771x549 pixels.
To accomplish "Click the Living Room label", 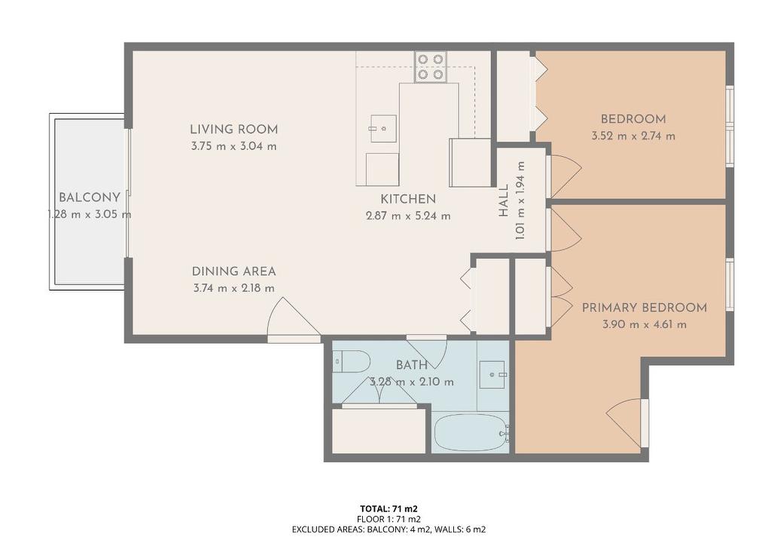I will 233,130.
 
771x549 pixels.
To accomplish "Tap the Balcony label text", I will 89,198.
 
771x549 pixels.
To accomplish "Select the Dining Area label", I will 233,271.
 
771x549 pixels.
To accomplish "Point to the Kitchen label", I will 407,200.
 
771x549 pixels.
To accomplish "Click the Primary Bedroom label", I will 644,307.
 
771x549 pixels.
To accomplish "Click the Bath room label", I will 412,365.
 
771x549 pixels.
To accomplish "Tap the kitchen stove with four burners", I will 430,66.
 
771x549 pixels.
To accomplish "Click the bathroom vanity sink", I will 493,374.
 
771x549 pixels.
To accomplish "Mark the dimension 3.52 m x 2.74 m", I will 632,136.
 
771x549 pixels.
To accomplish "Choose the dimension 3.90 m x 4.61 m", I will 644,325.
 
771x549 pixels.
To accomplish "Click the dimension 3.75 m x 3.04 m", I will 233,146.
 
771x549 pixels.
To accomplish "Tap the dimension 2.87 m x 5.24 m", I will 407,216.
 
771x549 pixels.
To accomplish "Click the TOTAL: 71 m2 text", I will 389,508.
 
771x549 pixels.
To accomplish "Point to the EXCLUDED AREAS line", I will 389,529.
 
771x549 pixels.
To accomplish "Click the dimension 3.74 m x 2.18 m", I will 233,288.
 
